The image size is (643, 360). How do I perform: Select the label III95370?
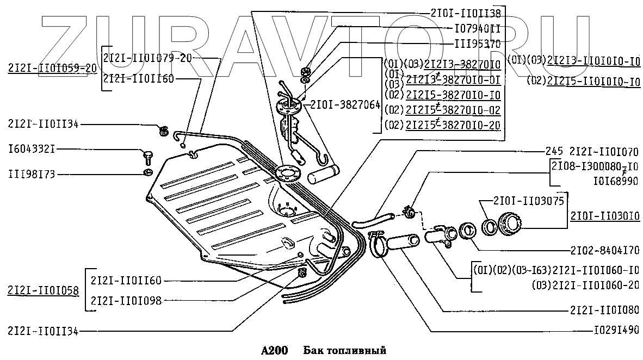pyautogui.click(x=477, y=43)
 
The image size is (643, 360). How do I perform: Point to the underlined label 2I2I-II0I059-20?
pyautogui.click(x=52, y=68)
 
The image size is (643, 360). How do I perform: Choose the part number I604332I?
pyautogui.click(x=40, y=149)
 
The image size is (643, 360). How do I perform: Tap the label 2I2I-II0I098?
pyautogui.click(x=126, y=300)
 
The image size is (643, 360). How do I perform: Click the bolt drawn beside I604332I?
pyautogui.click(x=147, y=157)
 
